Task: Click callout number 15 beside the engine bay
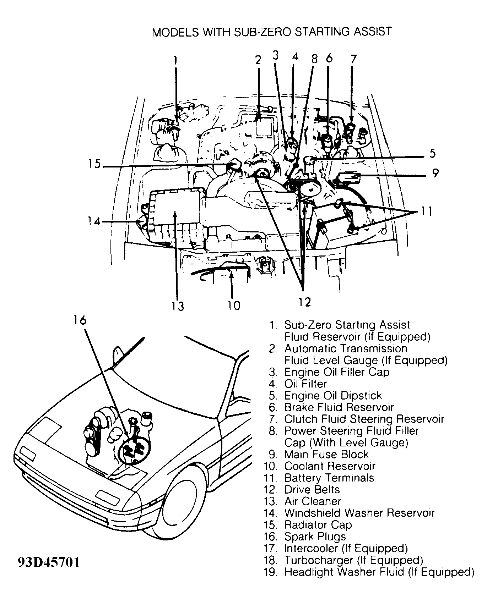(x=94, y=165)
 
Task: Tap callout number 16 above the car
(x=80, y=320)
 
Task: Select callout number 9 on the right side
(x=435, y=174)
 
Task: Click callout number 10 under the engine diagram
(x=234, y=305)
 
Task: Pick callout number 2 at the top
(x=258, y=60)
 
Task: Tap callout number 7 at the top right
(x=353, y=59)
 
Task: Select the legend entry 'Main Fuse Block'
(x=326, y=454)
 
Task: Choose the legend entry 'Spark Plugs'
(x=315, y=537)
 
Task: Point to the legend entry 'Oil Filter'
(x=305, y=384)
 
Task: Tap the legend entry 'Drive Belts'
(x=312, y=490)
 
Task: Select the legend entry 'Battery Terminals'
(x=329, y=478)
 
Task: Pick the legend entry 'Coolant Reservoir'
(x=330, y=466)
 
